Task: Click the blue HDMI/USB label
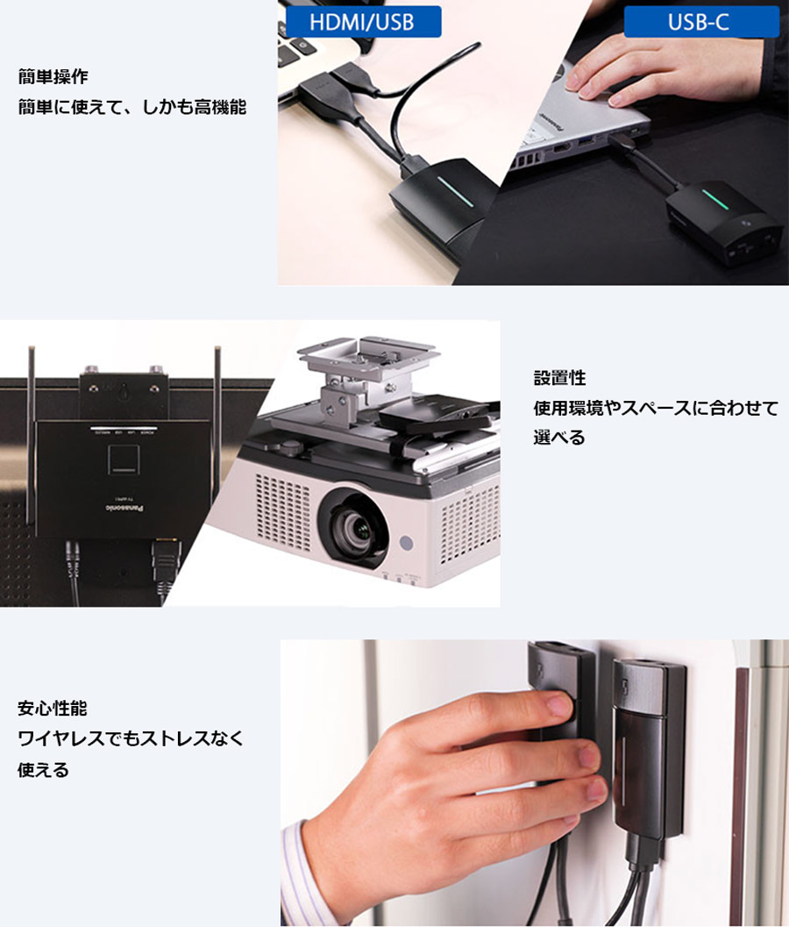coord(363,22)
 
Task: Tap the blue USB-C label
coord(701,22)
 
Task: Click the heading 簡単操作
coord(53,77)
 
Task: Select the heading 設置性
coord(559,378)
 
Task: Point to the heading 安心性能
coord(53,708)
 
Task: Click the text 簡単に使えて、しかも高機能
coord(131,107)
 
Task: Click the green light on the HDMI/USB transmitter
coord(455,190)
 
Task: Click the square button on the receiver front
coord(124,460)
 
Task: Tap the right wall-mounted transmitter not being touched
coord(649,751)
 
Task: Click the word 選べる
coord(559,438)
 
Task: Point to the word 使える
coord(43,770)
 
